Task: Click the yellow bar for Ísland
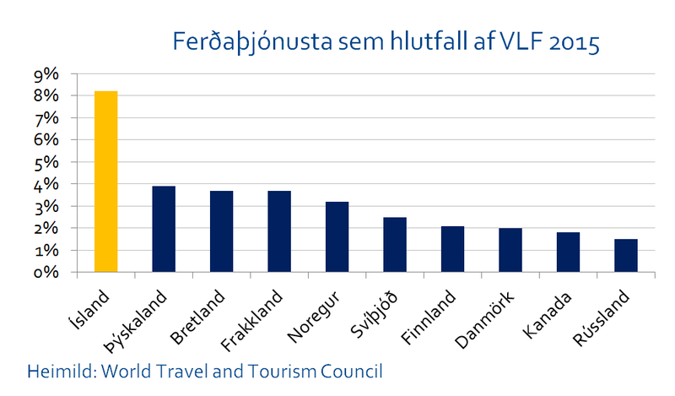pos(105,182)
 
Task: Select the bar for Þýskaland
pos(164,229)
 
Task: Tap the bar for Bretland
pos(221,231)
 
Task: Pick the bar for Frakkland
pos(279,231)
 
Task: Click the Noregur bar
pos(337,237)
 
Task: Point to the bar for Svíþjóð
pos(395,245)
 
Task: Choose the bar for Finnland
pos(452,249)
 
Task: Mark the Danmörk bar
pos(510,250)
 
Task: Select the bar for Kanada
pos(568,252)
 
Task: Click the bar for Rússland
pos(626,256)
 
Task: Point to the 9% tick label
pos(46,74)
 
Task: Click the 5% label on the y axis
pos(46,162)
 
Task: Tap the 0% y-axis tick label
pos(46,273)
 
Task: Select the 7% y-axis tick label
pos(46,118)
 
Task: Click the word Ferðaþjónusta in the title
pos(245,41)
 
